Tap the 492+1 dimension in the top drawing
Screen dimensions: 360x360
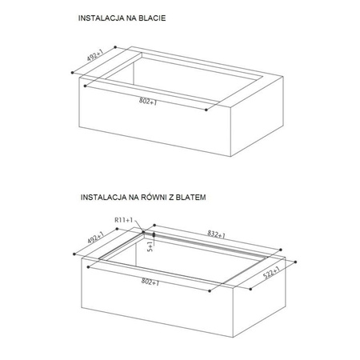click(95, 55)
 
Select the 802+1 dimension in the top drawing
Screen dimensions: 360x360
click(148, 101)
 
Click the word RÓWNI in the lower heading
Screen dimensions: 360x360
click(154, 197)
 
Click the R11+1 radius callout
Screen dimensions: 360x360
click(123, 220)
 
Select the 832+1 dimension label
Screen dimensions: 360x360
click(217, 234)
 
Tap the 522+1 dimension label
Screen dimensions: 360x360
click(271, 273)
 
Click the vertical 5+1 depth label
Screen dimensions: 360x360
click(150, 246)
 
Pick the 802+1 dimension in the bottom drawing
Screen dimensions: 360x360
click(150, 282)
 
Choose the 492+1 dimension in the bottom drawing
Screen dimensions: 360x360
click(95, 238)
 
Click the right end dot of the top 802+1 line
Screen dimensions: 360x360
click(206, 110)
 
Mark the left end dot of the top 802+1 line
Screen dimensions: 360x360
click(86, 86)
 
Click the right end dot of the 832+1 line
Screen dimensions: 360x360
click(281, 250)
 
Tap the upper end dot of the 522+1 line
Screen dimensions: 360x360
click(295, 262)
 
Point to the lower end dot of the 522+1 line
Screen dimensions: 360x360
click(250, 289)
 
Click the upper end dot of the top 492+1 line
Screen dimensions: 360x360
click(115, 47)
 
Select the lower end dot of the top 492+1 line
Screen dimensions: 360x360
click(72, 73)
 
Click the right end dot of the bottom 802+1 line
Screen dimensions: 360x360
click(210, 291)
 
